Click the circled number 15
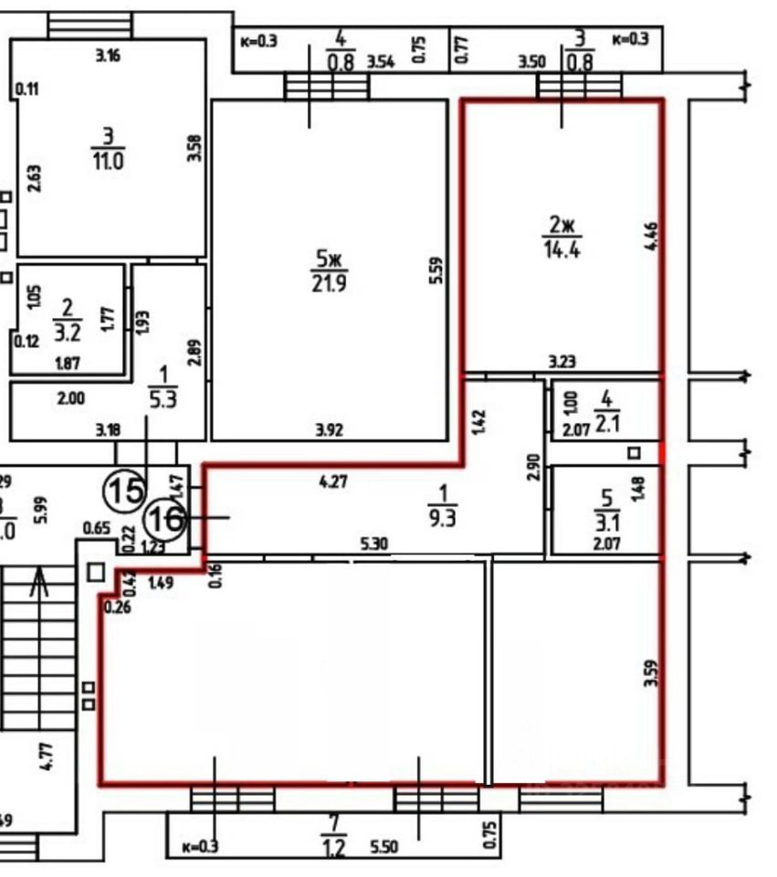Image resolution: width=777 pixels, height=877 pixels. tap(123, 491)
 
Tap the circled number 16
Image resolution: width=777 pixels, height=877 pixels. tap(165, 519)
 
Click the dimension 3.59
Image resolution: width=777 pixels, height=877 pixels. tap(649, 673)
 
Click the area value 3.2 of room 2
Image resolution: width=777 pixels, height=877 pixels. tap(67, 330)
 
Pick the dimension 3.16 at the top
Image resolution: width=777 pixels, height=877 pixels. tap(108, 55)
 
